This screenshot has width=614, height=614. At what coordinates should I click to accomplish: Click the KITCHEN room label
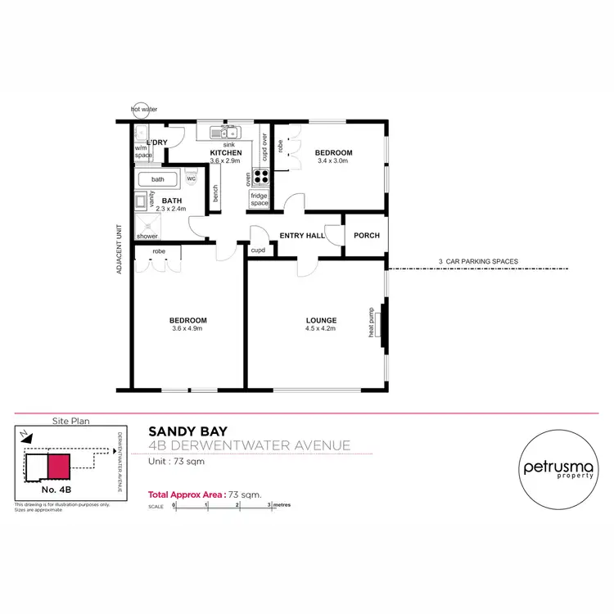[225, 153]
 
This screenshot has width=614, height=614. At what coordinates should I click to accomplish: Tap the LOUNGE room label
[321, 320]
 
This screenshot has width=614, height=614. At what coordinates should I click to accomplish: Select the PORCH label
[366, 236]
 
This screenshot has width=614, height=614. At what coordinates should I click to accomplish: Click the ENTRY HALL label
[302, 236]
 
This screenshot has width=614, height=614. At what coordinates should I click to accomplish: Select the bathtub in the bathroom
[159, 179]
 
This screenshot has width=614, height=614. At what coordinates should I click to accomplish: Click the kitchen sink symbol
[223, 133]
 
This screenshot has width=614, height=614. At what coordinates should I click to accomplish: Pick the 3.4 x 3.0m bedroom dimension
[333, 161]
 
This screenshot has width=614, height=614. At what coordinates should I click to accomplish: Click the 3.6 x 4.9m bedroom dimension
[188, 329]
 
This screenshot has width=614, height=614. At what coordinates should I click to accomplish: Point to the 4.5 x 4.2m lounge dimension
[321, 329]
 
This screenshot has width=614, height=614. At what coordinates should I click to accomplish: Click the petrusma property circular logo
[556, 468]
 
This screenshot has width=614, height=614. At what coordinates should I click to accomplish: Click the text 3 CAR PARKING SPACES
[478, 262]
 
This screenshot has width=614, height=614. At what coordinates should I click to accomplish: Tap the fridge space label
[260, 199]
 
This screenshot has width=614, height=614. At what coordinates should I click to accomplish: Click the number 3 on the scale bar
[269, 505]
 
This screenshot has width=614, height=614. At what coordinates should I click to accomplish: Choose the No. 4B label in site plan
[59, 489]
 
